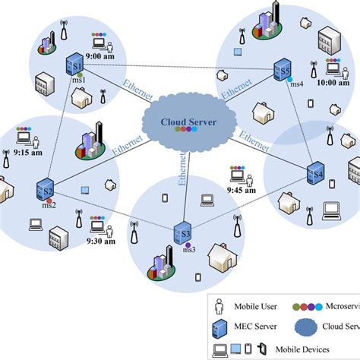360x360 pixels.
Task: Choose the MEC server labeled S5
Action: coord(282,72)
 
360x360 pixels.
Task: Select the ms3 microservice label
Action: coord(188,249)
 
